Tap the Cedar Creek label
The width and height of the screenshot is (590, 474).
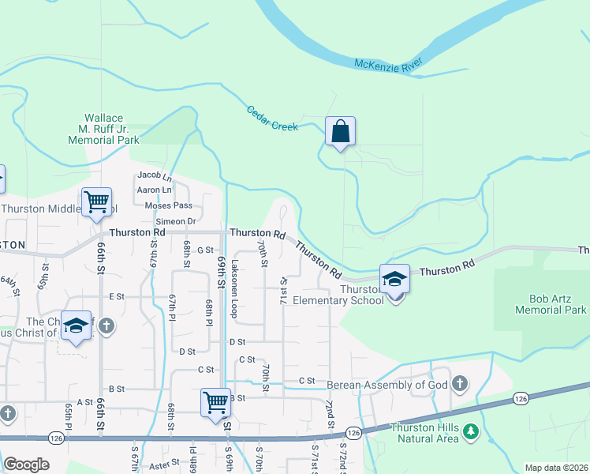272,118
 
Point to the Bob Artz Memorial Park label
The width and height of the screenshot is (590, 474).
551,304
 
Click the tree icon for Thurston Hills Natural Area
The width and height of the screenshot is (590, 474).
471,431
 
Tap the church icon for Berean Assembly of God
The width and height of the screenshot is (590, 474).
460,385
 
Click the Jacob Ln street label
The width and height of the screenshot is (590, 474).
154,175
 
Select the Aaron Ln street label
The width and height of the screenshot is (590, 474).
155,190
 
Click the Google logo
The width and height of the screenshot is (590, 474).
26,465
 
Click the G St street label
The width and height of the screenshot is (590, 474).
205,250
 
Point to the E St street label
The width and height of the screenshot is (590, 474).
118,296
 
